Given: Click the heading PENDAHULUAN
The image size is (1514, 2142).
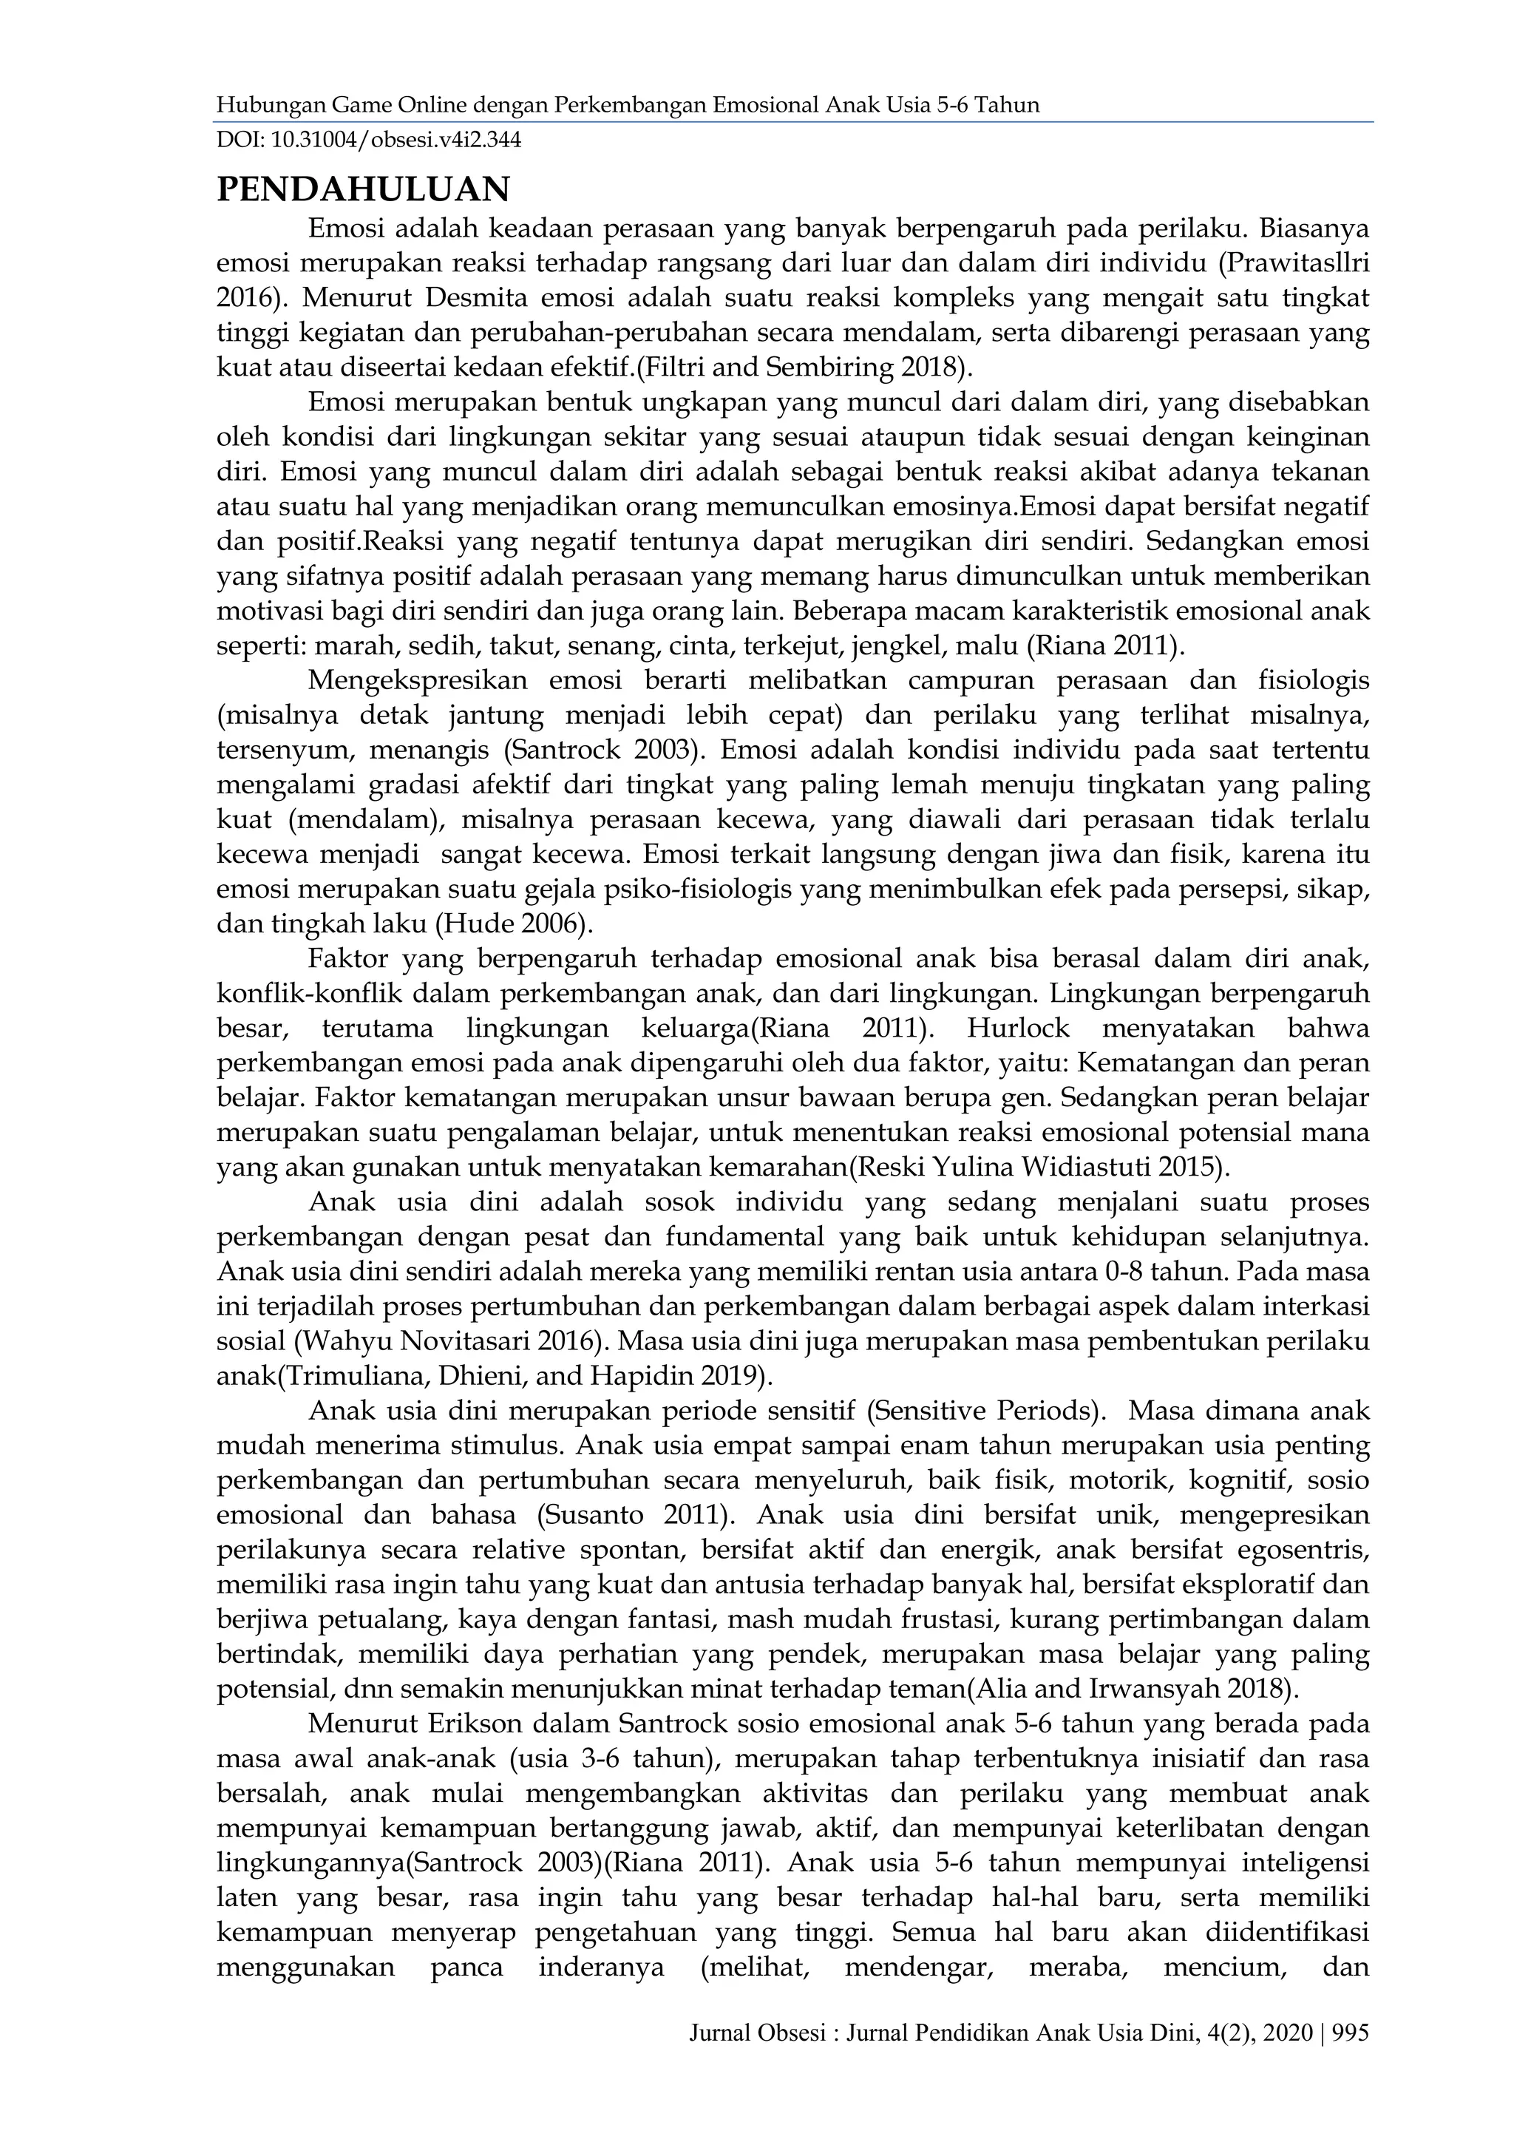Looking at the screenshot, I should tap(363, 189).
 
